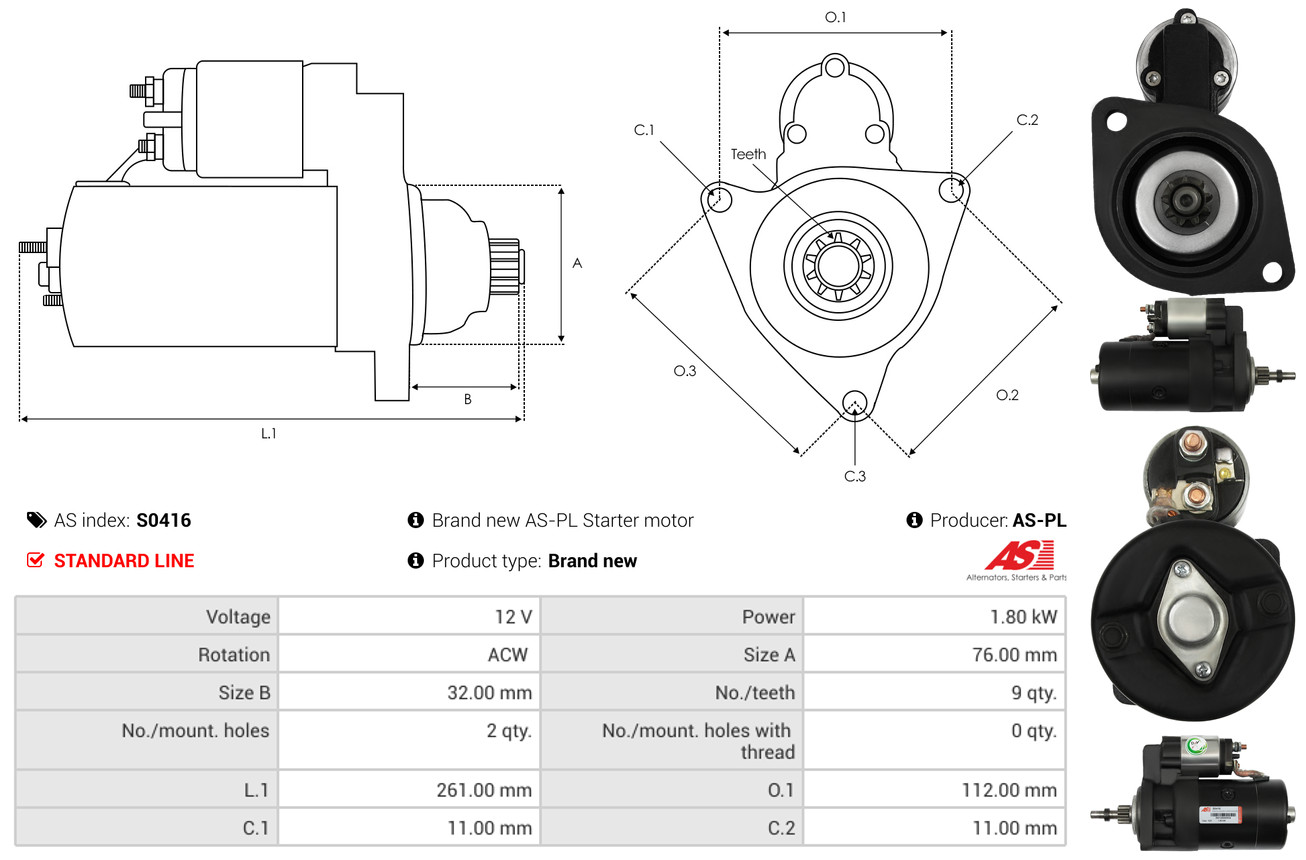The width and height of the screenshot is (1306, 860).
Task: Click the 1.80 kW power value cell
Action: pos(1023,617)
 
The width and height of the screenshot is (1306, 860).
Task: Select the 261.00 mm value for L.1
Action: pos(484,790)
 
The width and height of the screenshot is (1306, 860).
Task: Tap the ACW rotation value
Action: pos(507,655)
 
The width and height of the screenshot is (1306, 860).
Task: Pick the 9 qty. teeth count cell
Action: pos(1034,693)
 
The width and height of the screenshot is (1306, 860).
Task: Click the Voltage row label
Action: pos(238,617)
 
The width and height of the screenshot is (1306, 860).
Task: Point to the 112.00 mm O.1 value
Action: pos(1009,790)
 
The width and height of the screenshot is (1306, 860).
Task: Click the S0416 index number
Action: pos(163,520)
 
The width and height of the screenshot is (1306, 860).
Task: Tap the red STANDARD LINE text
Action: pos(124,561)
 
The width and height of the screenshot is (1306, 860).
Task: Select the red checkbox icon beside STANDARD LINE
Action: pos(35,560)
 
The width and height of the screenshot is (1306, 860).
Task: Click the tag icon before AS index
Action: pos(37,520)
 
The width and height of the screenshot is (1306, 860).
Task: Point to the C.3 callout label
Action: pos(855,476)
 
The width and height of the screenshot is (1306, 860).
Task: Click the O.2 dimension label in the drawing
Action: pos(1007,395)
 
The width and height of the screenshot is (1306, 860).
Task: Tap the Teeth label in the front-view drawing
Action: pos(748,154)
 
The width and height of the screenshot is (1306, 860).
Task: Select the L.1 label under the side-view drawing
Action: pos(268,433)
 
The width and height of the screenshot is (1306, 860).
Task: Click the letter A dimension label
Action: pos(577,263)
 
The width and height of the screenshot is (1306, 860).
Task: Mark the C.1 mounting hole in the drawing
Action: pos(718,199)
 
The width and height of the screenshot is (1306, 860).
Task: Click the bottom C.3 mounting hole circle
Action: pos(855,403)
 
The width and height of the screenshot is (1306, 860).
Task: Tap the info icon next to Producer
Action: pos(914,520)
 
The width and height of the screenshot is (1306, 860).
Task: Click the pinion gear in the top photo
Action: pos(1184,201)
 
